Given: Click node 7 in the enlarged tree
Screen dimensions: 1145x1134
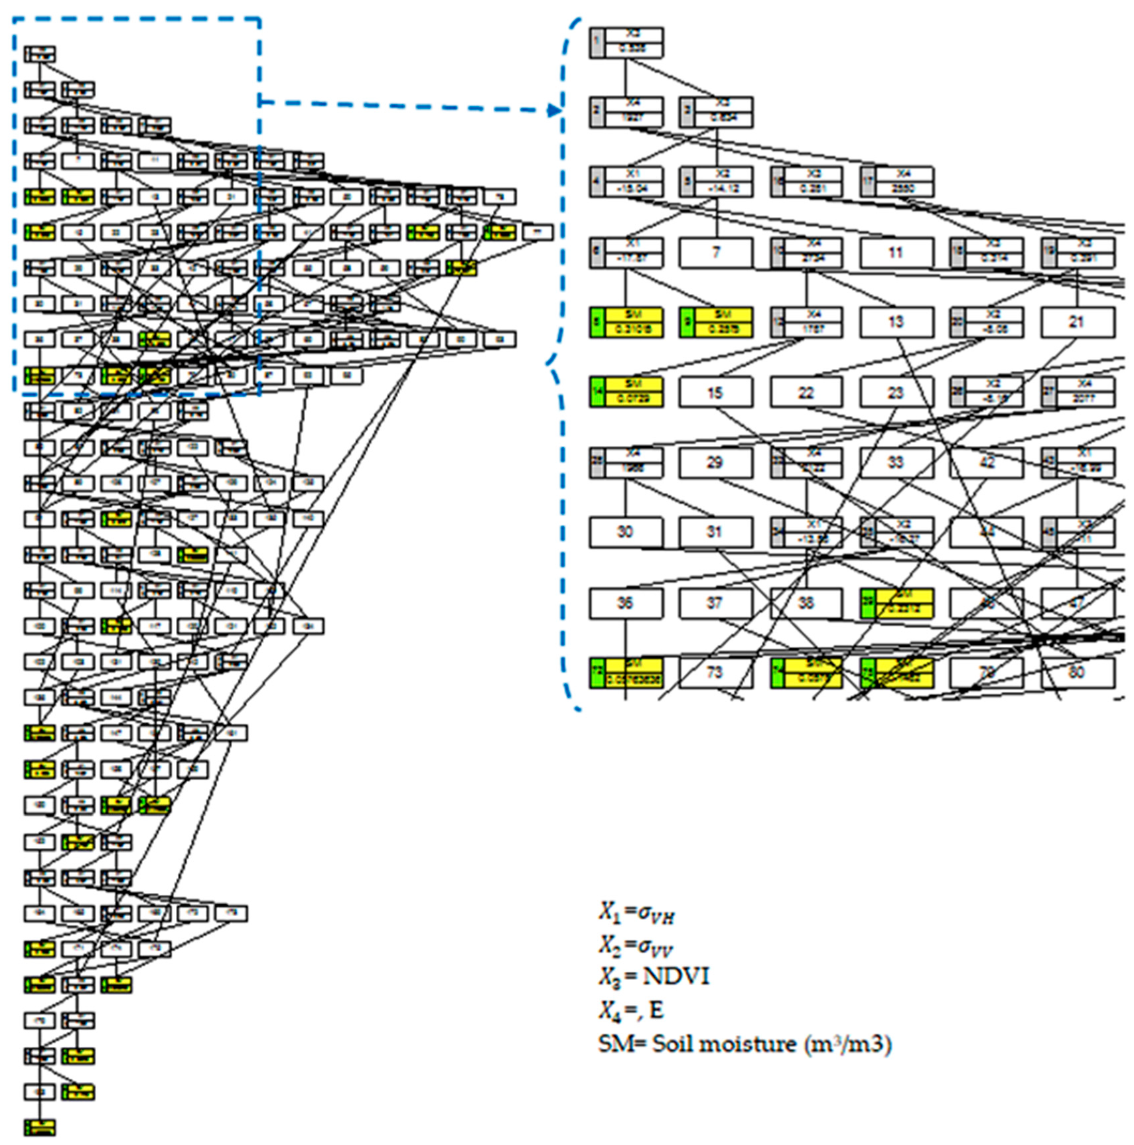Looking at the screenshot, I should (x=715, y=253).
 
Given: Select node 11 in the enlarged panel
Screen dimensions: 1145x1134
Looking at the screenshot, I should (x=896, y=253).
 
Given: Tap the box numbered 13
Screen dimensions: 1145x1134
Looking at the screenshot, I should (x=896, y=322).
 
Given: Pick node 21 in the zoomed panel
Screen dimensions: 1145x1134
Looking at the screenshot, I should (x=1076, y=322).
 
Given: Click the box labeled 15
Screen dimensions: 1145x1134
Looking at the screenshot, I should (x=715, y=393).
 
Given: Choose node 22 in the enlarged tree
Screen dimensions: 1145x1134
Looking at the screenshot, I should (x=806, y=393).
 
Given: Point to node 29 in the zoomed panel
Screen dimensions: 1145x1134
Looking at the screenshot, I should (x=715, y=462).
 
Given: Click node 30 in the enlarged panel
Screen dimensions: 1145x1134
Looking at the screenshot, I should (x=625, y=532).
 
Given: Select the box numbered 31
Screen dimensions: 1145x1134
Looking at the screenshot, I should (x=715, y=532).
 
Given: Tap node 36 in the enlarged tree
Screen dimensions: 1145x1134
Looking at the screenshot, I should (x=625, y=603).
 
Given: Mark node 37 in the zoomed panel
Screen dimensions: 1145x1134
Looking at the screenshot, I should (x=715, y=603).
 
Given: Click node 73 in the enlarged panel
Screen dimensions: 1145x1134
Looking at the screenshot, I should (x=715, y=673).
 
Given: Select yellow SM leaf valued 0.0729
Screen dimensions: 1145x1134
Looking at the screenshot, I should (x=626, y=393).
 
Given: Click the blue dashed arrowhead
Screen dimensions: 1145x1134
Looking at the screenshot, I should (x=555, y=111).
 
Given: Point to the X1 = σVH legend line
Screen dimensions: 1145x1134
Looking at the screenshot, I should (x=636, y=913).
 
